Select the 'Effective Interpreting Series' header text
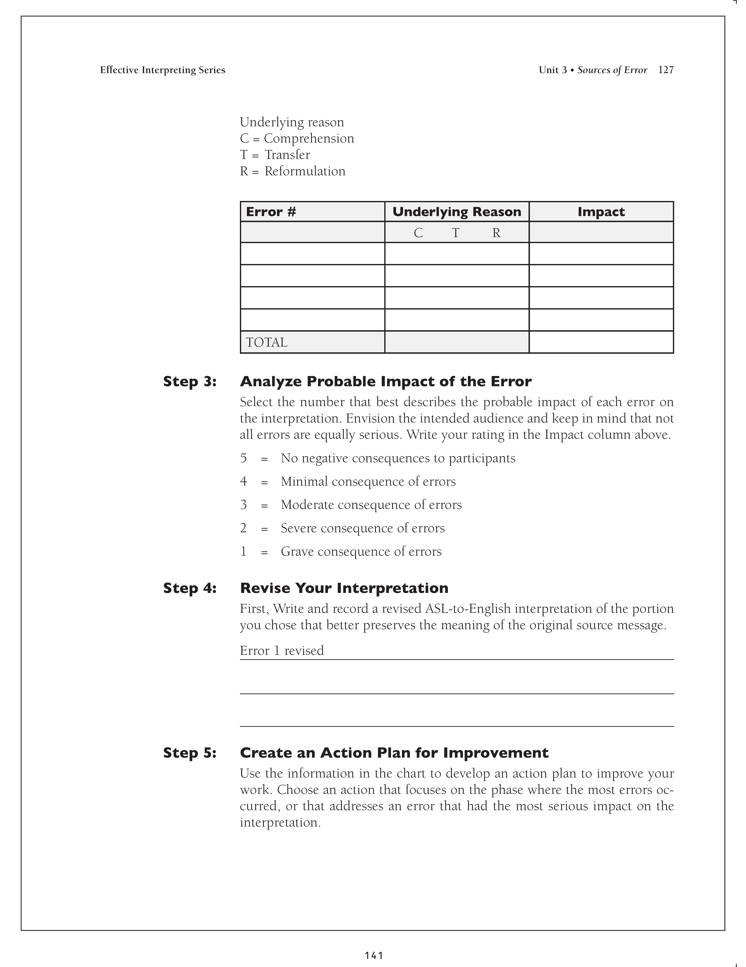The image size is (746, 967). tap(162, 70)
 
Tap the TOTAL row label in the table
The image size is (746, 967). tap(266, 342)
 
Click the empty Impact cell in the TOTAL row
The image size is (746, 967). tap(601, 342)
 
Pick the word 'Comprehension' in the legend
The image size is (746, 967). tap(309, 139)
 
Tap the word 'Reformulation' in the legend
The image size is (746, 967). tap(305, 171)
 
